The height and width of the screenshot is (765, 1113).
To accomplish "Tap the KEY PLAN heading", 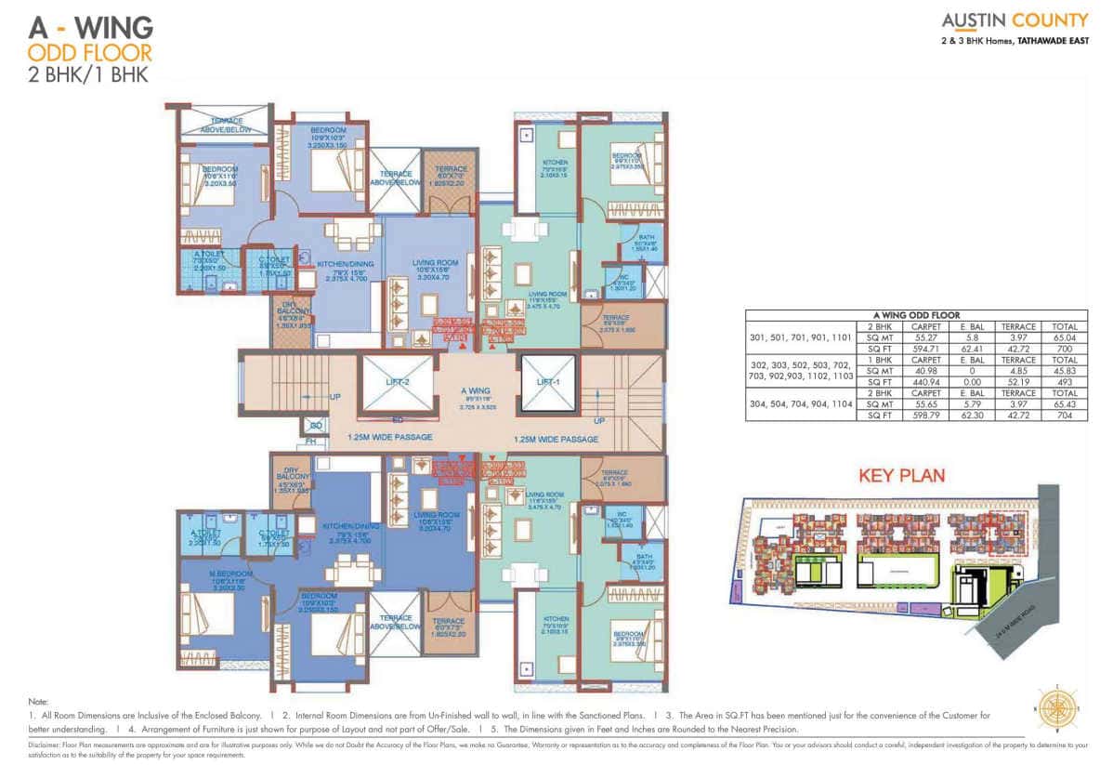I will [x=901, y=476].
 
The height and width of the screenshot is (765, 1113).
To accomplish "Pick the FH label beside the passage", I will [x=311, y=441].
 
